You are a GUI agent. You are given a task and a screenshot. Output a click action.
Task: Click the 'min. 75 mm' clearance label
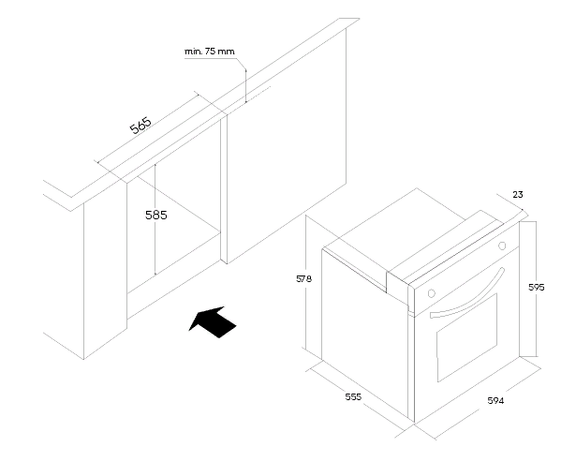[x=210, y=52]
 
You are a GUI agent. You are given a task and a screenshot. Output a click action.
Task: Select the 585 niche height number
[x=156, y=216]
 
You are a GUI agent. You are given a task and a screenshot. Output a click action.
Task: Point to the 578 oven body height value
[x=303, y=278]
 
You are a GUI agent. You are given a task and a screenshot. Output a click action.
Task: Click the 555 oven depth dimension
[x=353, y=396]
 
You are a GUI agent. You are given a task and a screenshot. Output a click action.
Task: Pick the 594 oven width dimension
[x=495, y=401]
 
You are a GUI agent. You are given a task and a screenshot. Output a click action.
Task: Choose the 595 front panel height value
[x=537, y=287]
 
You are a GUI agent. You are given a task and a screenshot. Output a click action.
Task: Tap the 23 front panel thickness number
[x=518, y=195]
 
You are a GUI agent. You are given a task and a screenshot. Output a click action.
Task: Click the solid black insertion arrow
[x=214, y=322]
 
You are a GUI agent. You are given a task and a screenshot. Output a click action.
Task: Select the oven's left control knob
[x=432, y=293]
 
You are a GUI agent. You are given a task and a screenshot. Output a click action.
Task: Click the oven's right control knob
[x=502, y=246]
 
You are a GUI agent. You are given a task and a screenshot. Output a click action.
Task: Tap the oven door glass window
[x=467, y=337]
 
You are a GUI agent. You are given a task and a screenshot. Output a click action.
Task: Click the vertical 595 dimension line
[x=536, y=289]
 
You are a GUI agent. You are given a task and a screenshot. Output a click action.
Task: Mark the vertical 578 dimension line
[x=306, y=282]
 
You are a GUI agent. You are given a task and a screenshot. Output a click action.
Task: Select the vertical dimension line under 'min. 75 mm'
[x=245, y=86]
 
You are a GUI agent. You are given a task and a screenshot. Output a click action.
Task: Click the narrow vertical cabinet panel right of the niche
[x=224, y=189]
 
